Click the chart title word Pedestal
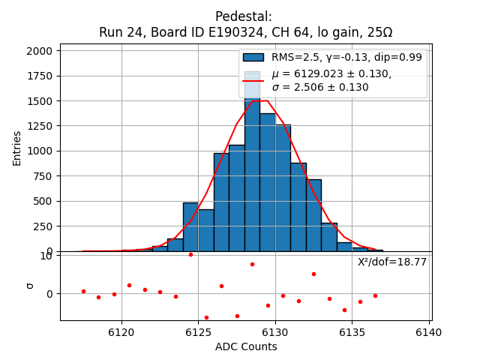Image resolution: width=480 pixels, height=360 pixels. pos(244,16)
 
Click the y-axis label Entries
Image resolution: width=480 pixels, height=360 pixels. pos(17,148)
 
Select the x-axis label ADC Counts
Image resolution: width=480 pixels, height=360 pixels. pos(246,346)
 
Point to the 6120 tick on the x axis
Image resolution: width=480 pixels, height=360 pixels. pos(121,331)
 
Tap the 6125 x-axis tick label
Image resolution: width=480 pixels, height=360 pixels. pos(199,331)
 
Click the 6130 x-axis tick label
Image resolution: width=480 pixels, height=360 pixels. pos(275,331)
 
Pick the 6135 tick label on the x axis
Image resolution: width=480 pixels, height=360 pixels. pos(352,331)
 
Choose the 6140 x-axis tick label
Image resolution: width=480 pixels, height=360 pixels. pos(430,331)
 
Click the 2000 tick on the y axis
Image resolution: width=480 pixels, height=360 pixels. pos(40,51)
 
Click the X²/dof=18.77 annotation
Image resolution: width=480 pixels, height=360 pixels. pos(391,262)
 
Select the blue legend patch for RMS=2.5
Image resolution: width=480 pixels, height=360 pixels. pos(253,57)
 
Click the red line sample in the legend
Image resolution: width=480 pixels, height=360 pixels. pos(253,79)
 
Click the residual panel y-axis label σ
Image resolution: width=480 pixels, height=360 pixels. pos(30,285)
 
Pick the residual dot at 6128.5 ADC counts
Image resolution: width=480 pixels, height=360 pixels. pos(252,264)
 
